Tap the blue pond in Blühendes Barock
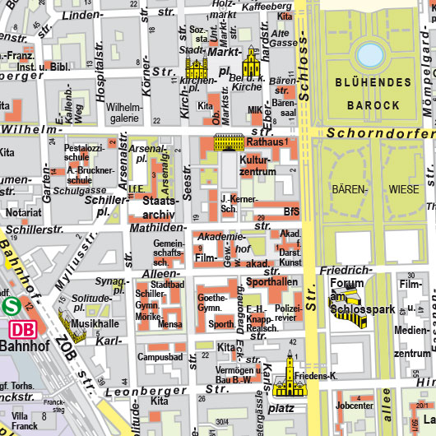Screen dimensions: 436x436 [x=370, y=55]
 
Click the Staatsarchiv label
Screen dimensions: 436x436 [x=160, y=206]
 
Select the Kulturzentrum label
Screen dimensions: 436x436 [x=257, y=166]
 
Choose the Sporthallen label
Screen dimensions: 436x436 [x=271, y=282]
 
